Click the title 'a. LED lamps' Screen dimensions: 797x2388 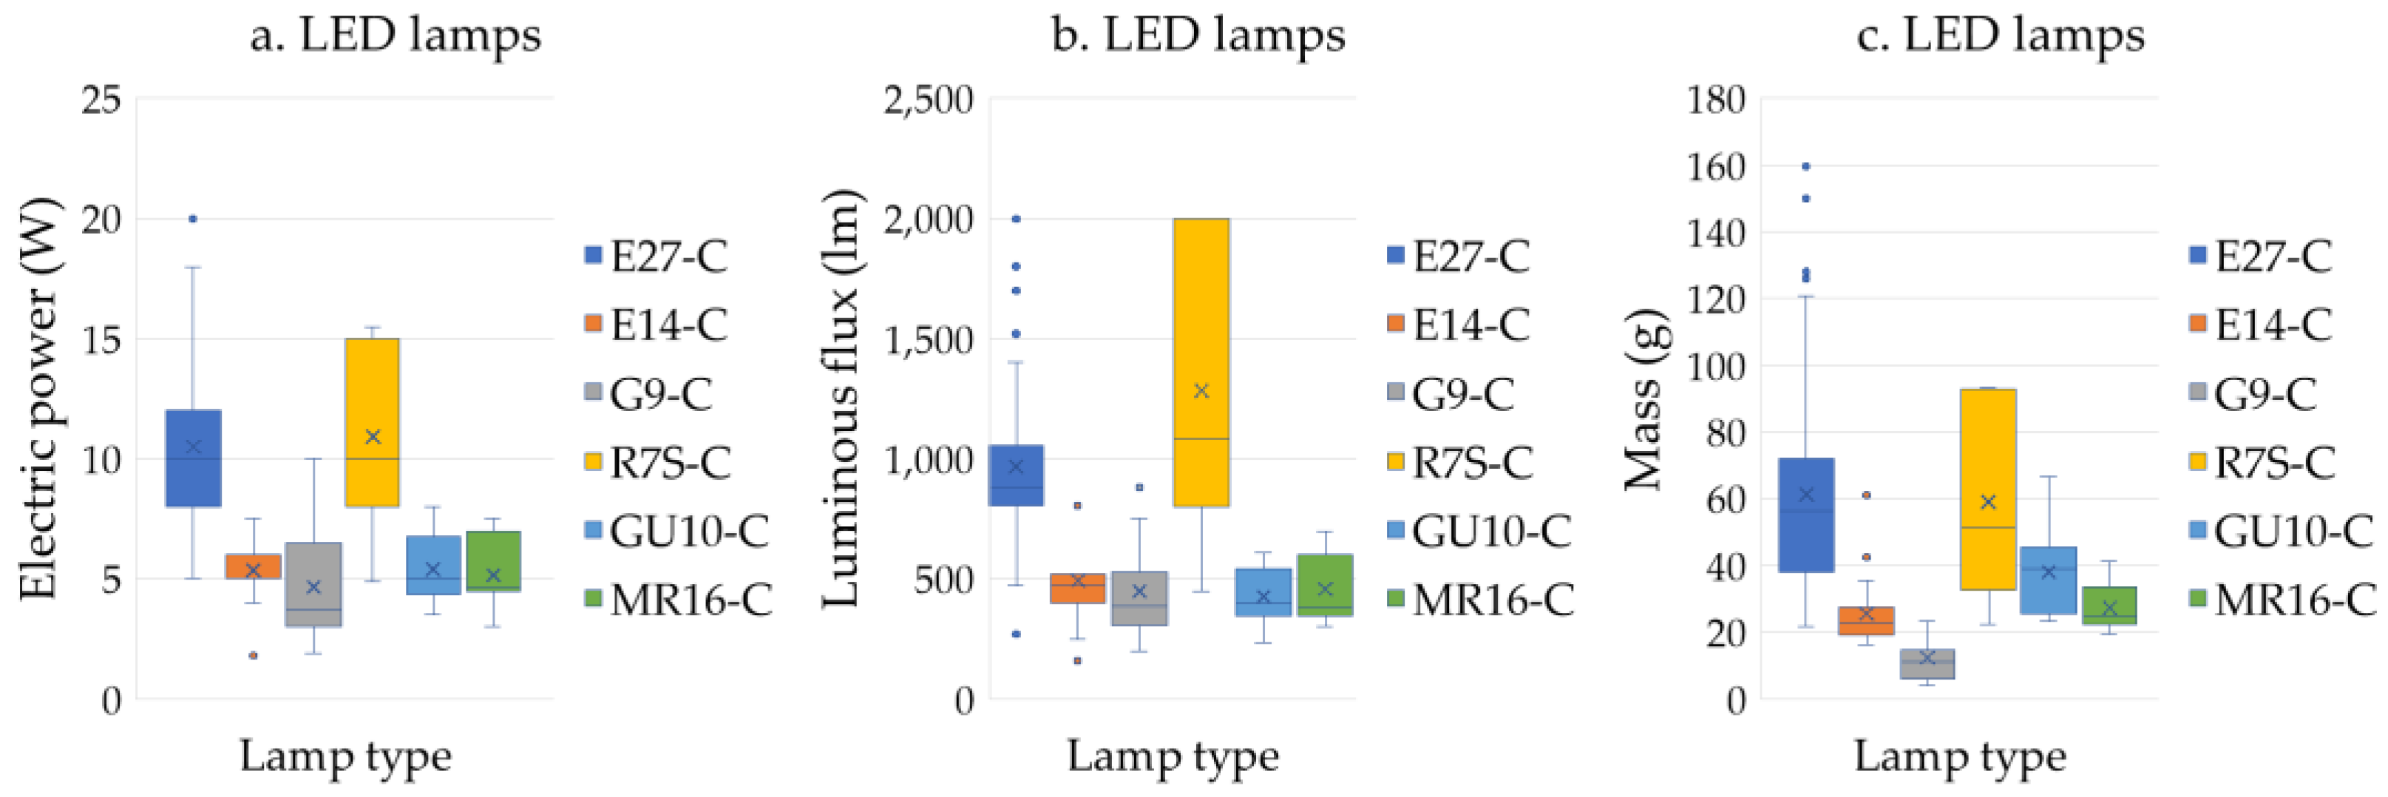click(395, 35)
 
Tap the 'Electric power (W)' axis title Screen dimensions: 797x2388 click(39, 398)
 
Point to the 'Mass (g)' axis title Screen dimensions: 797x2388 click(1646, 398)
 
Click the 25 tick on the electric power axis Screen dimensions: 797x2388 click(101, 99)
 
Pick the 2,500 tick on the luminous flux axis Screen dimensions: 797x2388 click(928, 99)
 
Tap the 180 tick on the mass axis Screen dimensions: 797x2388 click(1715, 99)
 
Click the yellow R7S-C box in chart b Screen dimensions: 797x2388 click(1201, 362)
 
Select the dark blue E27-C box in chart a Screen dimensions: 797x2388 click(194, 458)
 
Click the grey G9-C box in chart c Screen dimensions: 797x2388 click(1927, 663)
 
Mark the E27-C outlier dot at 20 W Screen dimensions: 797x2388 click(193, 219)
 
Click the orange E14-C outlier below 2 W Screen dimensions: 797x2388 click(252, 655)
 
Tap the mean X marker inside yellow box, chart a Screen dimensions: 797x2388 click(373, 436)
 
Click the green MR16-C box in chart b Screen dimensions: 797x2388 click(1325, 585)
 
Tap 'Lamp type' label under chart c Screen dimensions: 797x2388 click(1960, 756)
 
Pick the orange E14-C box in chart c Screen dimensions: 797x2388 click(1867, 621)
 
